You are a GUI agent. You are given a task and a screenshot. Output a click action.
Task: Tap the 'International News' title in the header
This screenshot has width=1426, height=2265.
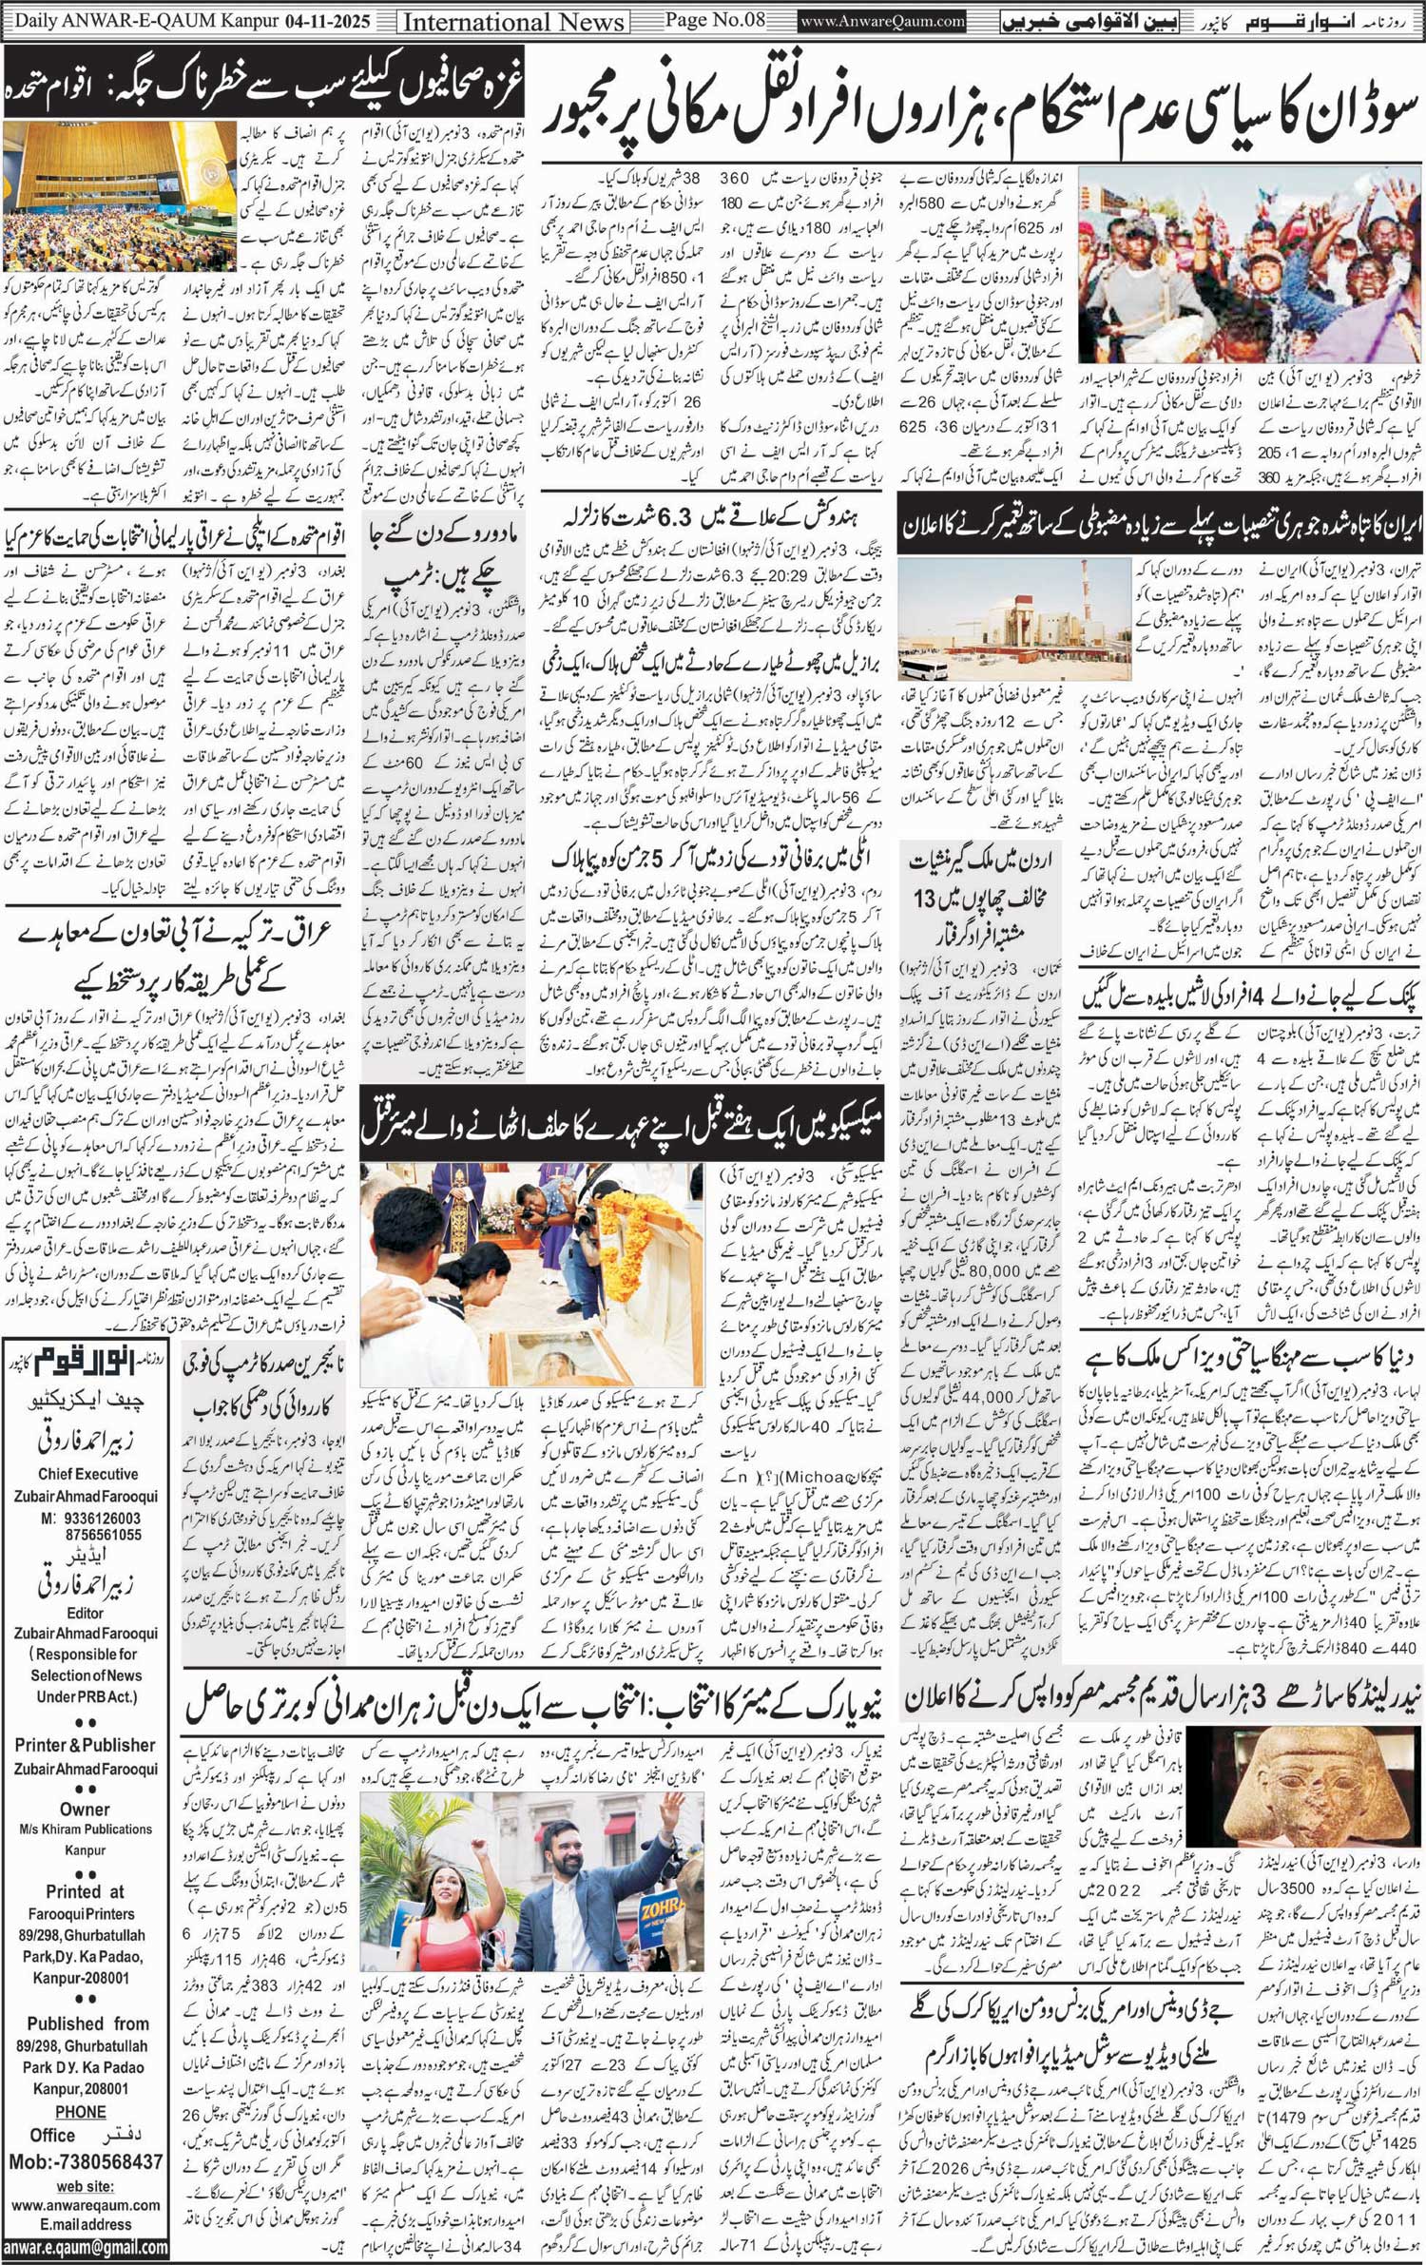pos(513,22)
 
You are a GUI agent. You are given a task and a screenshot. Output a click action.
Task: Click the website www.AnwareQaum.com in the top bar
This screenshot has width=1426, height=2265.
pos(882,21)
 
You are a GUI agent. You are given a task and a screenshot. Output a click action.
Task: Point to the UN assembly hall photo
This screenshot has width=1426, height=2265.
pos(120,197)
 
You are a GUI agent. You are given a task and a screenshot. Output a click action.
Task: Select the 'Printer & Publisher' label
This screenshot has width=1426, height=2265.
pos(85,1745)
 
